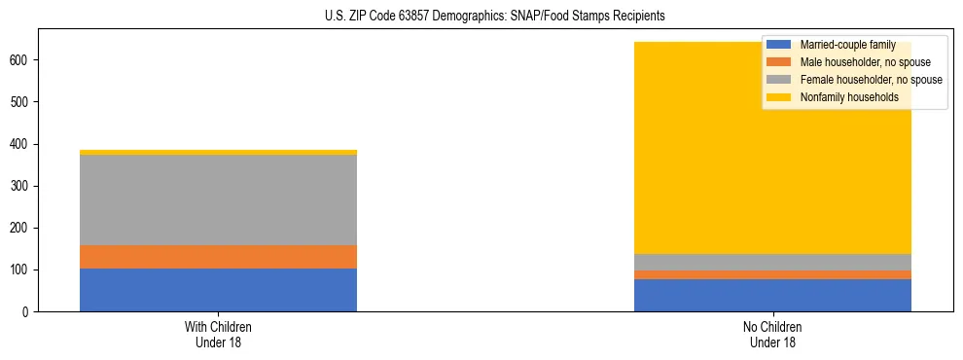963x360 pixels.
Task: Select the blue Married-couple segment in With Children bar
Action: [218, 290]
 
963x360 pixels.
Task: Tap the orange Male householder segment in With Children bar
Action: [218, 257]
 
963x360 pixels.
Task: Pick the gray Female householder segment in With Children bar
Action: [218, 199]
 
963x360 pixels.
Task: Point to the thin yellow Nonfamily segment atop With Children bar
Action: [218, 152]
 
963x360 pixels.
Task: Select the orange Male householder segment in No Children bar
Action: [772, 274]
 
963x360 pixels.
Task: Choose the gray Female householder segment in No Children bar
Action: [772, 262]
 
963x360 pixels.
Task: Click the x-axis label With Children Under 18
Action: [218, 334]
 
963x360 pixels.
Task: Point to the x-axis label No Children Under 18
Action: [772, 334]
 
